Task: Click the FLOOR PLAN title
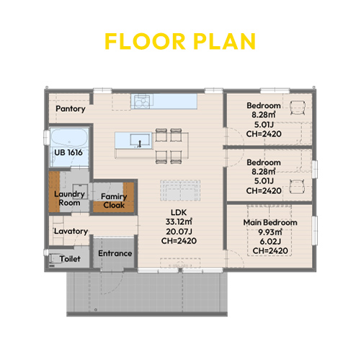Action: click(180, 41)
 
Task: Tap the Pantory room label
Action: click(71, 109)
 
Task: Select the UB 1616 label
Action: click(68, 152)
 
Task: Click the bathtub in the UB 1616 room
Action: click(69, 138)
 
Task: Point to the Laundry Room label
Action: click(69, 198)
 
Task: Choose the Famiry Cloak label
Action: click(114, 201)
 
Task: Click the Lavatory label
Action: click(71, 232)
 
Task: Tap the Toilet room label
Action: click(70, 259)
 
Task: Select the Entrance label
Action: click(115, 253)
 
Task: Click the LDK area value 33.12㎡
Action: click(179, 221)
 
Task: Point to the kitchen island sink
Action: click(140, 140)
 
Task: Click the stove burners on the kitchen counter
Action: click(142, 102)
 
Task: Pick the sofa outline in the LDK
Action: click(180, 190)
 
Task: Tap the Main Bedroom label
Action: click(270, 222)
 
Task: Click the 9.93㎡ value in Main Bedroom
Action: click(270, 232)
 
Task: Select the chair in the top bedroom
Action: click(298, 107)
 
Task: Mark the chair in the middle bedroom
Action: click(297, 186)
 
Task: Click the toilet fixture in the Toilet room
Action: click(53, 259)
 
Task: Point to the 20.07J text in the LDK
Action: click(179, 232)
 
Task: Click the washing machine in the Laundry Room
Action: click(80, 191)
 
